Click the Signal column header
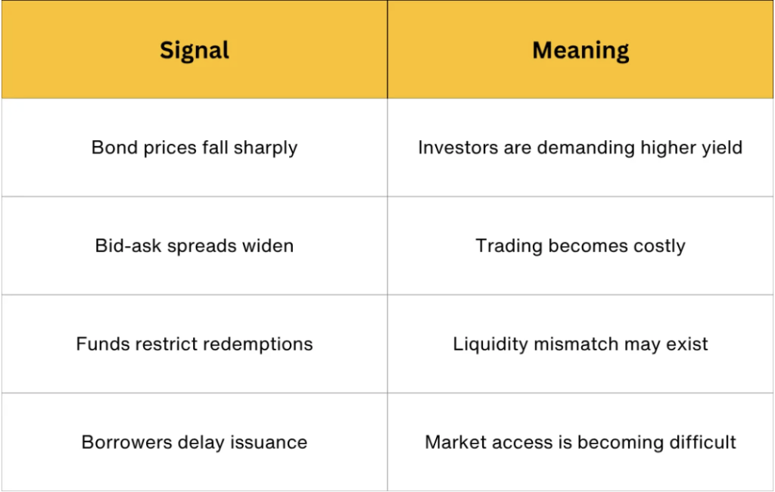tap(195, 51)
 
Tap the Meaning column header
tap(580, 51)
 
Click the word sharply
tap(266, 148)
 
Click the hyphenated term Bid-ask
tap(127, 246)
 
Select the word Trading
tap(509, 247)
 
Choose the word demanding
tap(586, 148)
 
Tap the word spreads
tap(201, 247)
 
